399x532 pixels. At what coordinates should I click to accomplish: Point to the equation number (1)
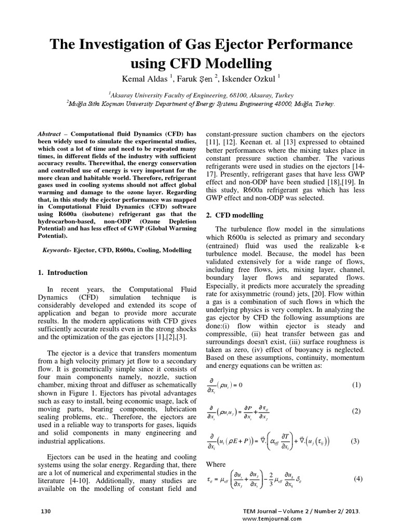[x=356, y=384]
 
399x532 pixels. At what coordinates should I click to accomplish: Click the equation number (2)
[x=356, y=411]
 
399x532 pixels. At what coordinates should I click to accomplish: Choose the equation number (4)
[x=357, y=478]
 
